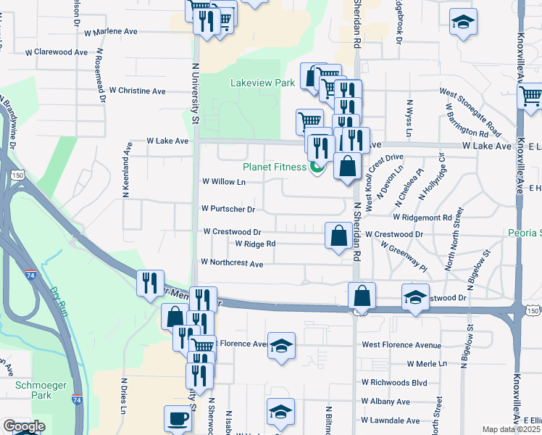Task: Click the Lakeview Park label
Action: pos(262,83)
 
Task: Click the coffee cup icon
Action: pos(178,418)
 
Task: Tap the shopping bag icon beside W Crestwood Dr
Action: pos(338,236)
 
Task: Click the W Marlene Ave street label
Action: pos(111,32)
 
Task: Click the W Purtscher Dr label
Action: pos(228,210)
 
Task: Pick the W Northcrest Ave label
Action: pos(232,264)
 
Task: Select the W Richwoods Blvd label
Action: pos(394,382)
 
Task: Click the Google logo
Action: pos(24,426)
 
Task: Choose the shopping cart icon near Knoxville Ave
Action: pos(530,95)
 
